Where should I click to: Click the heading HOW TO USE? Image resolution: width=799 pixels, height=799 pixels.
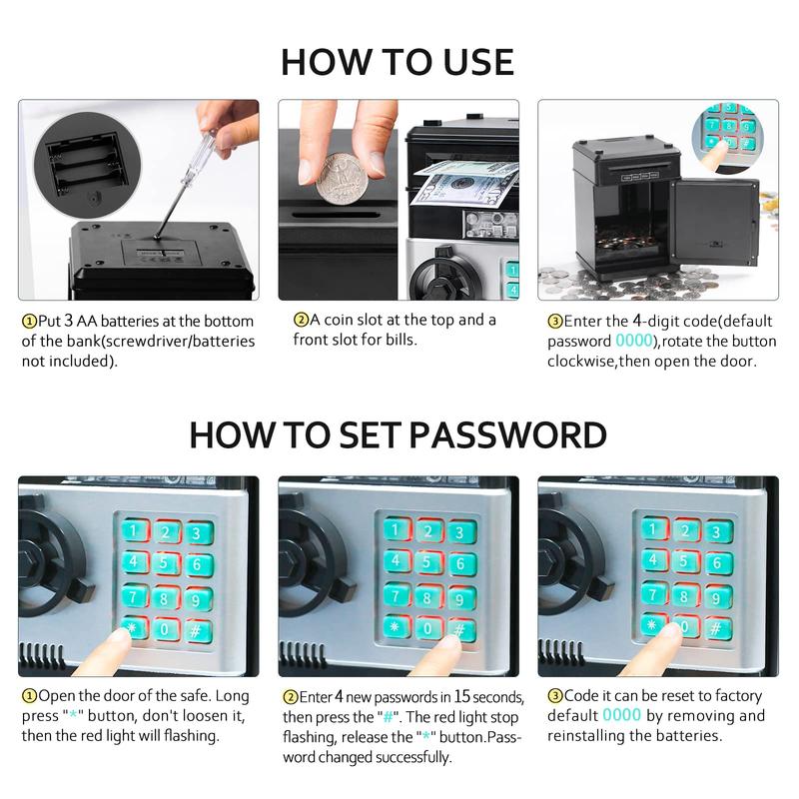point(398,62)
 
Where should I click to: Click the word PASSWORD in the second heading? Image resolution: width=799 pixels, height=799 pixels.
point(507,435)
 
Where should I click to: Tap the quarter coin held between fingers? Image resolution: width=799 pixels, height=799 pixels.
point(341,179)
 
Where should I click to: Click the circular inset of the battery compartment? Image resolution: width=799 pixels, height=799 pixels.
point(87,165)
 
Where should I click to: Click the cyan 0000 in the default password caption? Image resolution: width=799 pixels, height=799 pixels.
point(634,341)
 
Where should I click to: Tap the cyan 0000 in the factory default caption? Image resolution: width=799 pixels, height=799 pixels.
point(621,715)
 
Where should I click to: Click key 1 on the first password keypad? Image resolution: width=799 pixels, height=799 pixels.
point(135,530)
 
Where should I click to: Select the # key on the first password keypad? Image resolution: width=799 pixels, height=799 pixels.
point(198,632)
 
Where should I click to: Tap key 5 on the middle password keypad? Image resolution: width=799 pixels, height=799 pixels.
point(428,562)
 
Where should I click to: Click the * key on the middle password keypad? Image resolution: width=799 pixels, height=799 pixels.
point(396,626)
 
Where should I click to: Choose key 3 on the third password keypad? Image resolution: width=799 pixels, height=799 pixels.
point(718,532)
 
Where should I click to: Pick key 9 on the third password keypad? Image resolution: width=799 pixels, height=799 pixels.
point(717,597)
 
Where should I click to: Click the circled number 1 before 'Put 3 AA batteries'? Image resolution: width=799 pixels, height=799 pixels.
point(29,322)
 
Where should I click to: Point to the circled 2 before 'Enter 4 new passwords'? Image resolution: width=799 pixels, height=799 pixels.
point(291,697)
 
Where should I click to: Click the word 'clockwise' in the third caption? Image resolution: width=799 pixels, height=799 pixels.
point(580,361)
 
